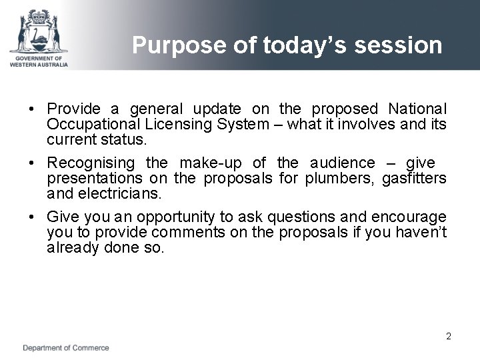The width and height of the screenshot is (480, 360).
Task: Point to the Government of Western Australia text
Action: (x=39, y=61)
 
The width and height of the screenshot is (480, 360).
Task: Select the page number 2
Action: (x=449, y=336)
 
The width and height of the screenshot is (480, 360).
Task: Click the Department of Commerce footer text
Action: (x=66, y=348)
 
